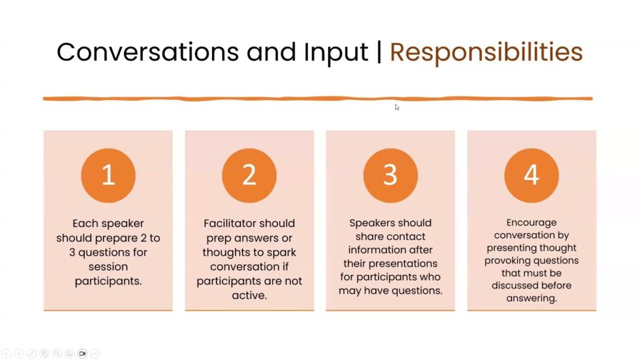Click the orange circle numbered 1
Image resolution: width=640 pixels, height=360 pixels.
click(108, 175)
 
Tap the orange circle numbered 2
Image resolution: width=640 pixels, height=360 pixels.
click(249, 175)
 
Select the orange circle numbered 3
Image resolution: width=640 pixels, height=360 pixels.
click(391, 175)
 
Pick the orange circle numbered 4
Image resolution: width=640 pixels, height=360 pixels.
click(531, 175)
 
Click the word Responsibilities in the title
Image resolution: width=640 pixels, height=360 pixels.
click(486, 52)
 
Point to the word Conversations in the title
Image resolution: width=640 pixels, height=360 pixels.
click(147, 52)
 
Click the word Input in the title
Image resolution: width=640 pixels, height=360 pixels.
click(336, 53)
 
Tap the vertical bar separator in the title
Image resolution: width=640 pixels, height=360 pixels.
click(379, 52)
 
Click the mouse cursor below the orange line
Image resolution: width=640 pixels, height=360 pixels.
click(397, 107)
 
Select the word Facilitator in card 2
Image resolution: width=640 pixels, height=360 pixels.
click(229, 223)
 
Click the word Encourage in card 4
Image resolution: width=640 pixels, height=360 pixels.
click(531, 223)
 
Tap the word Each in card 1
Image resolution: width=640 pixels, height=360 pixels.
click(83, 223)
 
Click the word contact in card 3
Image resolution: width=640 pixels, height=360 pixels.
click(407, 237)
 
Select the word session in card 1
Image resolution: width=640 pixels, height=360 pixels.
click(108, 267)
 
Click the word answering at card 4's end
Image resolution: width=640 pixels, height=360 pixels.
click(531, 298)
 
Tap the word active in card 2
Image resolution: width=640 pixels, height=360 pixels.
click(249, 295)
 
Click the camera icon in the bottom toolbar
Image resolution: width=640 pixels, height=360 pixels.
click(82, 354)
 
